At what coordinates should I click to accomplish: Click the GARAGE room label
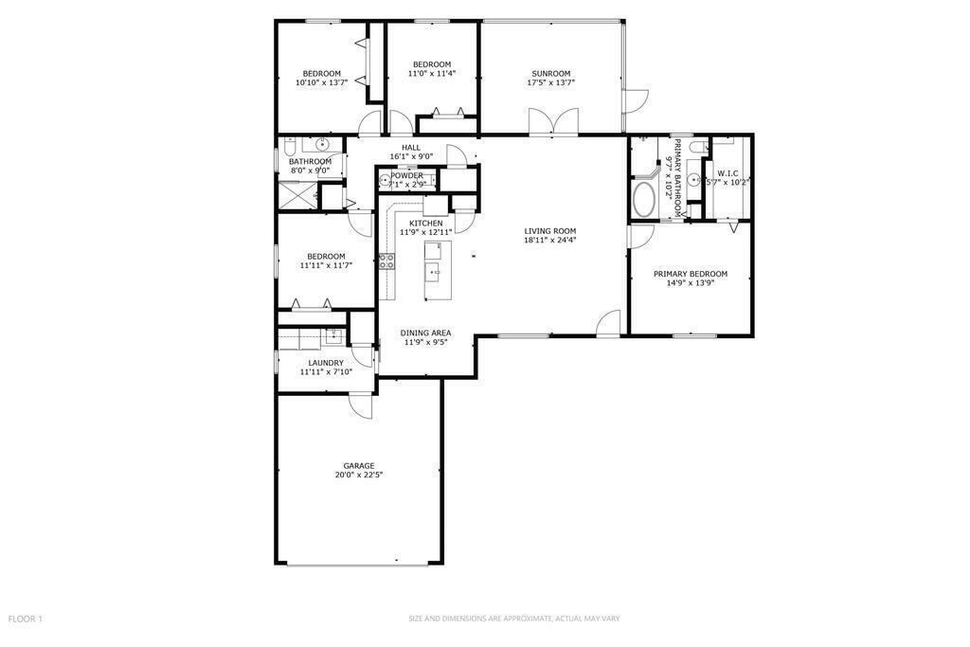(x=359, y=466)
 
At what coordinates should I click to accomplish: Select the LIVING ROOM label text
(x=550, y=231)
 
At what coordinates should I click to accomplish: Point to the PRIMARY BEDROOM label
(x=691, y=274)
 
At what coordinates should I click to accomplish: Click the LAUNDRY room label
(x=326, y=363)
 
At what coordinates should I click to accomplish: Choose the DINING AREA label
(x=425, y=332)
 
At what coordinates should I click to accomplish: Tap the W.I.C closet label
(x=727, y=173)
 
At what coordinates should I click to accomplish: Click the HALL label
(x=411, y=148)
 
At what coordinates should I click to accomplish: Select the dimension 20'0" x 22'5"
(x=359, y=475)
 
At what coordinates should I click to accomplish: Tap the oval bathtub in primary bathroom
(x=644, y=199)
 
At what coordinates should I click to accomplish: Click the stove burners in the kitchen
(x=387, y=261)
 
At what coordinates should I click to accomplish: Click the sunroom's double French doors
(x=553, y=121)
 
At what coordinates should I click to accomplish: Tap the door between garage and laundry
(x=361, y=405)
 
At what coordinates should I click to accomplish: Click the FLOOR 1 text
(x=26, y=619)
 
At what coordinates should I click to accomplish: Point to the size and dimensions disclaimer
(x=514, y=619)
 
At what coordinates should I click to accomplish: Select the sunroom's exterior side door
(x=635, y=100)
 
